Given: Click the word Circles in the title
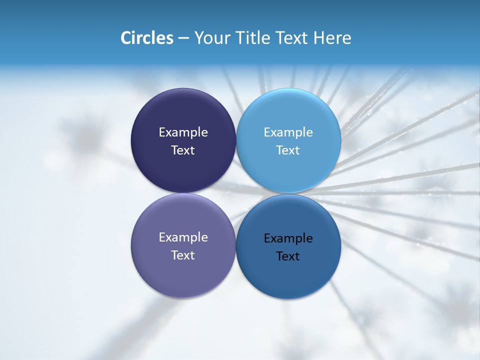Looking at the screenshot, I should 146,38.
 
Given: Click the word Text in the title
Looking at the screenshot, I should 292,38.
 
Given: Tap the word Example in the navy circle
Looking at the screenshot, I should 183,132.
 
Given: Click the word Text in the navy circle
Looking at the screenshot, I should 183,150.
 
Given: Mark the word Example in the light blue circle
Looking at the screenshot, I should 288,132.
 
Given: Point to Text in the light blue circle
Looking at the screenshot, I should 288,150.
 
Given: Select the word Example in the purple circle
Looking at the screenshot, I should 183,237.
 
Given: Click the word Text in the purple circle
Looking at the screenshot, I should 183,255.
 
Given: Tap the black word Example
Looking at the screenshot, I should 288,238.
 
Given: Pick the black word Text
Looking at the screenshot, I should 288,256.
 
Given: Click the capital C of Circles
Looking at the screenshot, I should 126,38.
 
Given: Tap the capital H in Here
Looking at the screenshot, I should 319,38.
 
